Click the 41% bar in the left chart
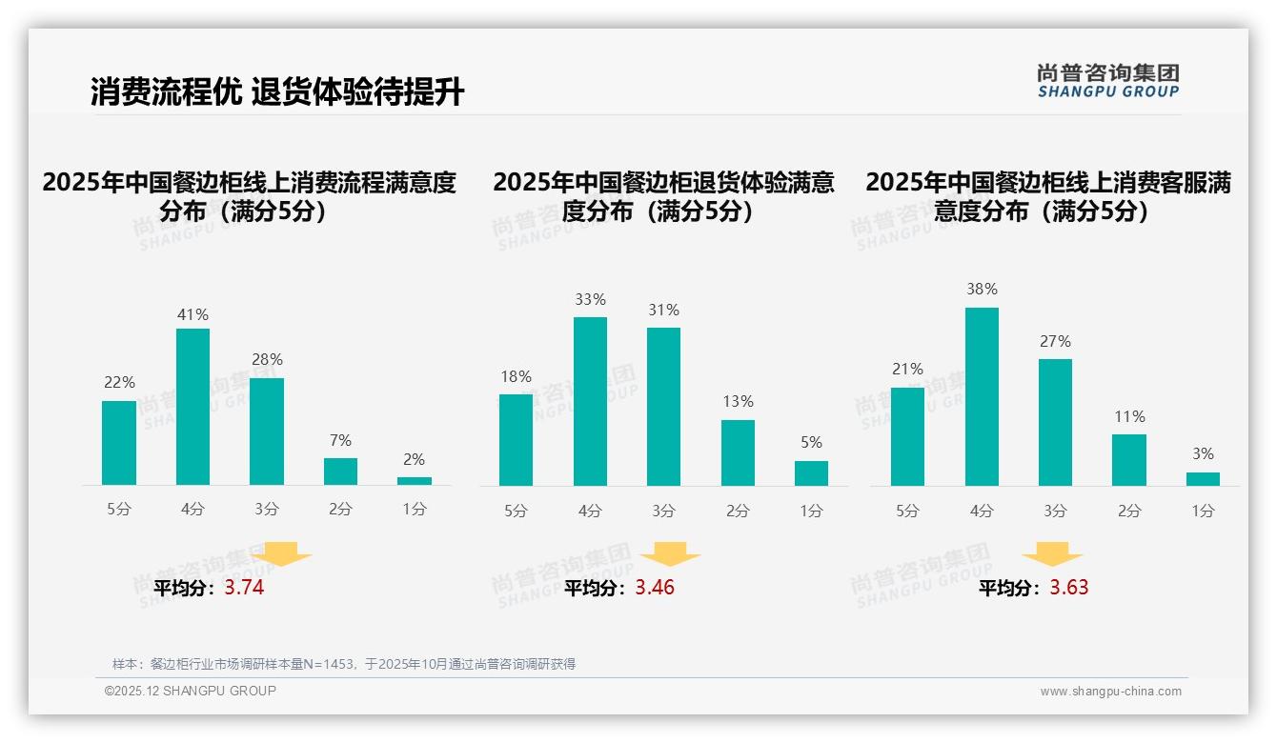click(193, 407)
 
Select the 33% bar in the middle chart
click(590, 401)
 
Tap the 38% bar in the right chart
click(982, 396)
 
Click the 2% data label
click(414, 459)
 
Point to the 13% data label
click(738, 402)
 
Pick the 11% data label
click(1129, 416)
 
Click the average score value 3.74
click(244, 588)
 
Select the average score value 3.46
click(655, 588)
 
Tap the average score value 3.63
click(1069, 588)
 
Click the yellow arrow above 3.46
click(670, 553)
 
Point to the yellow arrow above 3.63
click(1052, 553)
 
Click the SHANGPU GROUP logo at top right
click(1107, 80)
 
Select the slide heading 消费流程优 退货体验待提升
click(277, 92)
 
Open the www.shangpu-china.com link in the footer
click(1110, 692)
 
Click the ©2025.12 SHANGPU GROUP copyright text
click(191, 691)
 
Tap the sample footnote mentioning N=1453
click(344, 664)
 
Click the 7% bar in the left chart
click(340, 472)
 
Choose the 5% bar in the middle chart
click(811, 473)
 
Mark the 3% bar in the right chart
click(1203, 479)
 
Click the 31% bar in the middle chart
click(663, 407)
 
